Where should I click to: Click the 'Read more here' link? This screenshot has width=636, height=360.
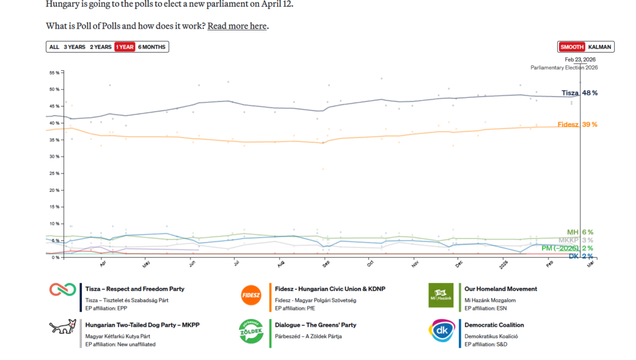[237, 26]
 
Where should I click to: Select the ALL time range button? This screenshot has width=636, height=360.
[54, 47]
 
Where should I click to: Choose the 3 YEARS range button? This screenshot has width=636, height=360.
[75, 47]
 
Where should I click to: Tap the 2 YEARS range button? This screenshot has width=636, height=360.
[101, 47]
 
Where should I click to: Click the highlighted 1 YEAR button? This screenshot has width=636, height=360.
[125, 47]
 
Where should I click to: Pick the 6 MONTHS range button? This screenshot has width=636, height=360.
[152, 47]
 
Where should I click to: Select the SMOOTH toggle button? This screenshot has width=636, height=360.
[571, 47]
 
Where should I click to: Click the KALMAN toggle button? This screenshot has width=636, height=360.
[599, 47]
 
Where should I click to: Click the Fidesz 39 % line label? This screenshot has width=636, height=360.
[578, 125]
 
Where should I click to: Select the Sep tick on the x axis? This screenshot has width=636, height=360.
[325, 264]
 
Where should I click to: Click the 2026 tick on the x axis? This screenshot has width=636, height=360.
[504, 264]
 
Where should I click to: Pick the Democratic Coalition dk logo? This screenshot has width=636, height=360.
[440, 330]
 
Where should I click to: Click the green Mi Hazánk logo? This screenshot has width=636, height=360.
[440, 295]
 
